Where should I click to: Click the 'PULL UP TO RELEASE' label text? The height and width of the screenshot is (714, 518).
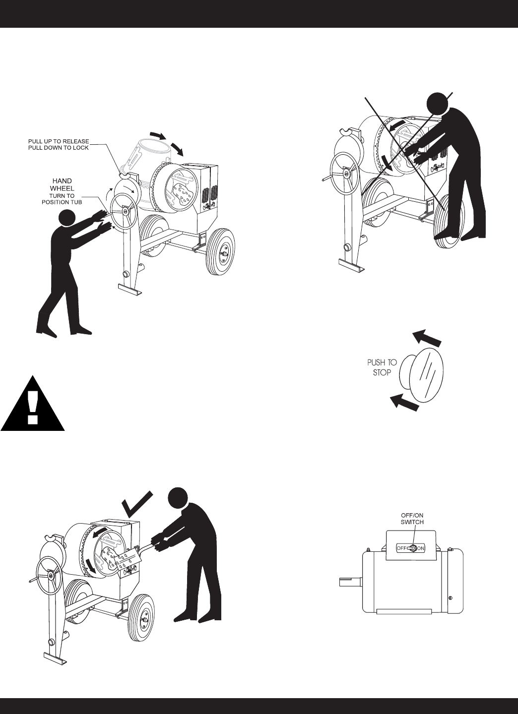pos(59,141)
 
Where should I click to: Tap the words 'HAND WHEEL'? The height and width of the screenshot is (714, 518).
pos(62,184)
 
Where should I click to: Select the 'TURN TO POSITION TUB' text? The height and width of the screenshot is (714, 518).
pos(62,199)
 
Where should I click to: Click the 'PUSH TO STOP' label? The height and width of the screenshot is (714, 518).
pos(382,367)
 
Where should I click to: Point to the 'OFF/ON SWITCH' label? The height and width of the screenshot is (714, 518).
pos(412,518)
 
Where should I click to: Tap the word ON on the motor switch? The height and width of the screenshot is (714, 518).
pos(421,548)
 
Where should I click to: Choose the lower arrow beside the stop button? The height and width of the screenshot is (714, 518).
pos(404,402)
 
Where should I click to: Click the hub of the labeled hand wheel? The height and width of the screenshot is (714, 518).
pos(126,211)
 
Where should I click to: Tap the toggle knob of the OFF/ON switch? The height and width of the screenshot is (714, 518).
pos(412,548)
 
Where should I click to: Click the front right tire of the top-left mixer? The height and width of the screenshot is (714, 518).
pos(220,252)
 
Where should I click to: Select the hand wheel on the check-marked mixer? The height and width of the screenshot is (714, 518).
pos(50,577)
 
